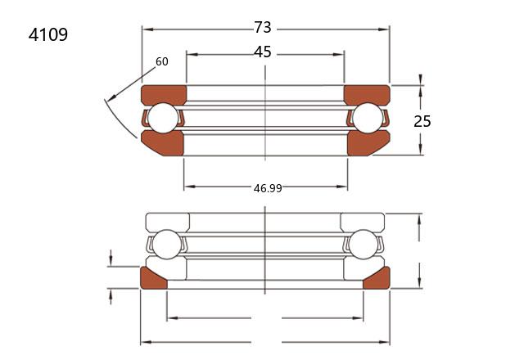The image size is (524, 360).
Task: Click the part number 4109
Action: coord(48,34)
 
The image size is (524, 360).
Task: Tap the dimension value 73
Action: coord(263,27)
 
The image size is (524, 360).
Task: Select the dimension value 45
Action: coord(263,52)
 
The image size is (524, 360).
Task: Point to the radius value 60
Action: coord(162,61)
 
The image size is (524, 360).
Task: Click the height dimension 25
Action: coord(422,121)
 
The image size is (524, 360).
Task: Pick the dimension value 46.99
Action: coord(268,188)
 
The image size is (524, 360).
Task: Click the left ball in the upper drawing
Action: coord(164,118)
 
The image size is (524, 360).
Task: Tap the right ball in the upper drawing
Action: coord(368,118)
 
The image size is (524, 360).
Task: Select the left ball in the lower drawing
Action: coord(166,244)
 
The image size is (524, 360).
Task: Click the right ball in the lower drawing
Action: coord(363,244)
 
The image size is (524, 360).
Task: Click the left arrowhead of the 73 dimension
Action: coord(147,29)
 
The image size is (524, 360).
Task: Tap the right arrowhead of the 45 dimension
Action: coord(338,55)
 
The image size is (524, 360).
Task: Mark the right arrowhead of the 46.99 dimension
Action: coord(342,187)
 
